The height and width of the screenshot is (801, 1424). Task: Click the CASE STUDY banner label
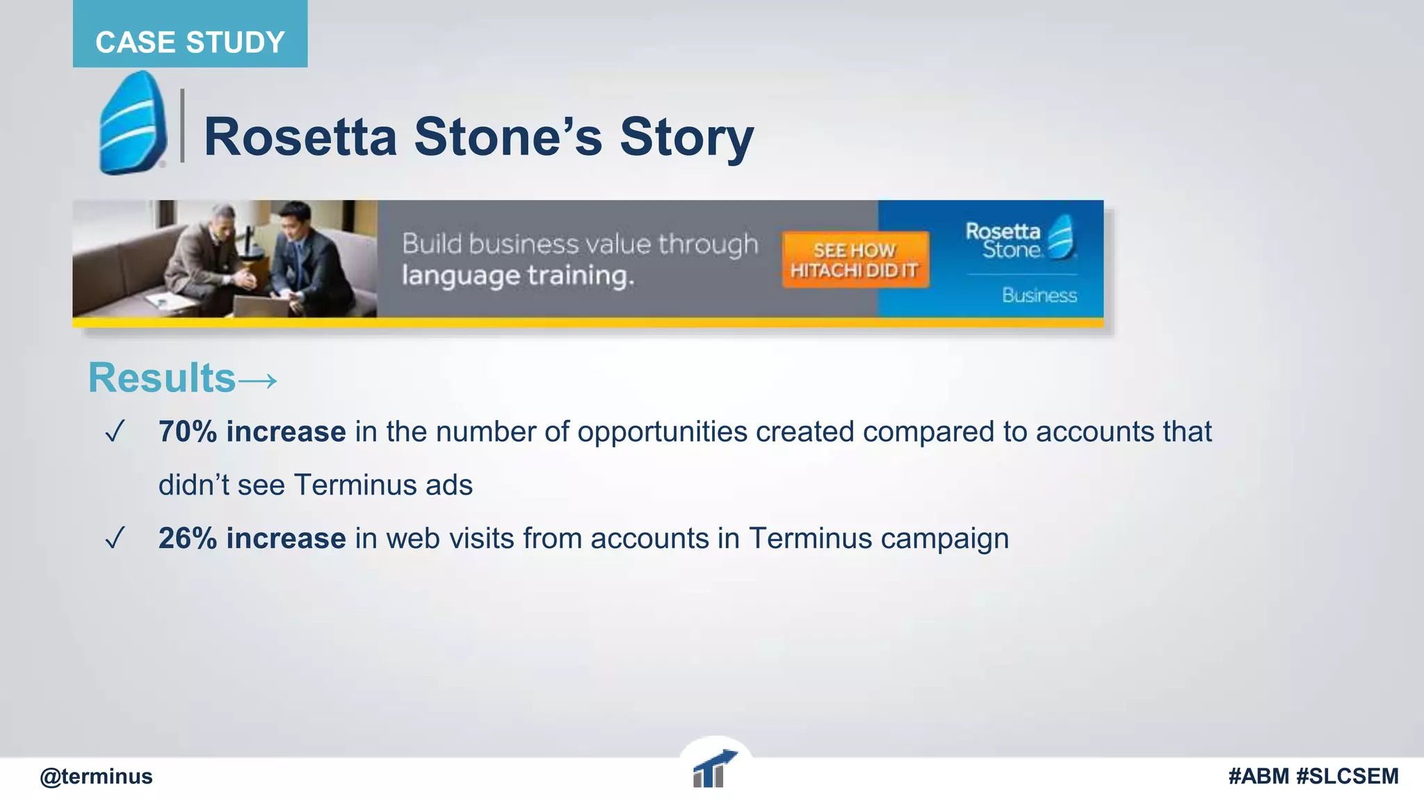(190, 42)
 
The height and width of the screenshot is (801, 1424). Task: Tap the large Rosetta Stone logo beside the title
(132, 123)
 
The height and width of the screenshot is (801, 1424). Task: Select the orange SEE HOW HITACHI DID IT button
(855, 260)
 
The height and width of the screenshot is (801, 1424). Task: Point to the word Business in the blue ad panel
(1039, 296)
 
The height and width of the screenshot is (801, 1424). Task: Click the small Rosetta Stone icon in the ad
(1061, 237)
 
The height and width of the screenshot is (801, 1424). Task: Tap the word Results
(162, 378)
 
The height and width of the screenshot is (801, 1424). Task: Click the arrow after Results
(258, 380)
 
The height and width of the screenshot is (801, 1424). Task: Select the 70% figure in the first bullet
(187, 432)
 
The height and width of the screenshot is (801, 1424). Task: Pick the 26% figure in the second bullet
(187, 538)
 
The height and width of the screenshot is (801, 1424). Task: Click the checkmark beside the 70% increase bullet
(115, 432)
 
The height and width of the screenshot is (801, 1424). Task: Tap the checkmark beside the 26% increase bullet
(115, 538)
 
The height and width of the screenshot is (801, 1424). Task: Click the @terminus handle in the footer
(96, 776)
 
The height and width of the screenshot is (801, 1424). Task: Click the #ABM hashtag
(1259, 776)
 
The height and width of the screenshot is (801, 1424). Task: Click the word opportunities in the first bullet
(662, 432)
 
